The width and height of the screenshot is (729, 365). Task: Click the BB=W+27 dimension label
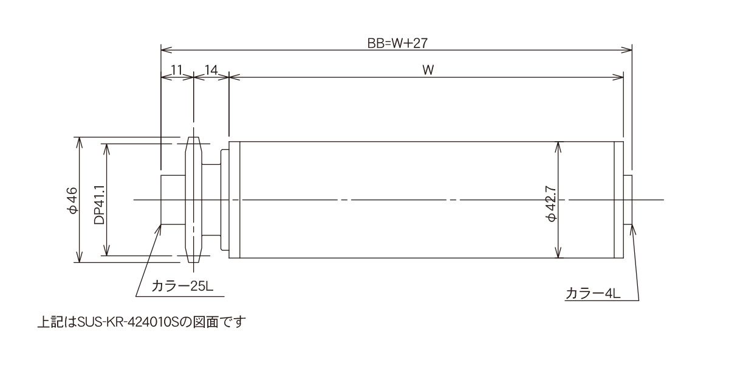click(397, 43)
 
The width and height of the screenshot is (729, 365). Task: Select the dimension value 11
click(176, 70)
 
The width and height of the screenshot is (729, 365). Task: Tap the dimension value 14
click(211, 70)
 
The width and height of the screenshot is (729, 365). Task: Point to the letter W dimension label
click(428, 70)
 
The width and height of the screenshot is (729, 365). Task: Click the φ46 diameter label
click(72, 200)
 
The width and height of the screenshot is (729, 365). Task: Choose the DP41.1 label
click(99, 204)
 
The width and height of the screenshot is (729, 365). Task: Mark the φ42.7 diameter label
click(552, 204)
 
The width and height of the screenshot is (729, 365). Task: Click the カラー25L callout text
click(182, 287)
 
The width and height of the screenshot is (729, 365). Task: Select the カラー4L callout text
click(593, 293)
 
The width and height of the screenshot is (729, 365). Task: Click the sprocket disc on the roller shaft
click(193, 200)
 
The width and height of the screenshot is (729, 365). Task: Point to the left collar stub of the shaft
click(173, 200)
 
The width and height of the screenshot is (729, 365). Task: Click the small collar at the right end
click(628, 200)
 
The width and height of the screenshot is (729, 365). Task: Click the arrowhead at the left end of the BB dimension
click(166, 50)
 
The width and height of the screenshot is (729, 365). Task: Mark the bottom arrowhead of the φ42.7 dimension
click(558, 252)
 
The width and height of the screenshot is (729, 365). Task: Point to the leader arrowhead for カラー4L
click(632, 230)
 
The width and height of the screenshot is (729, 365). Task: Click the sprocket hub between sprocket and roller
click(211, 200)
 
